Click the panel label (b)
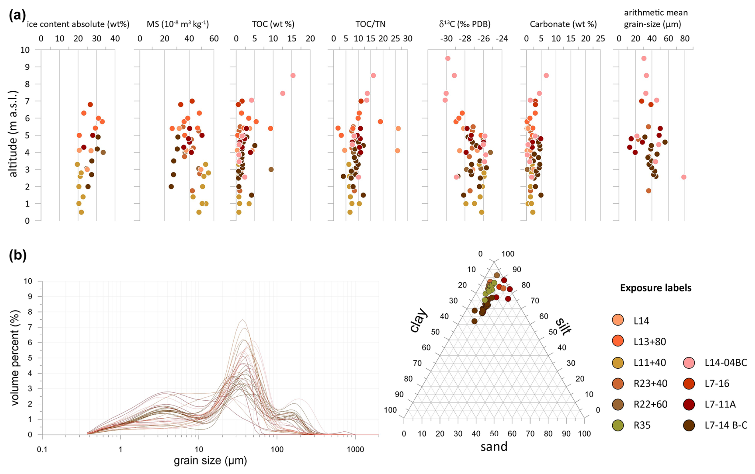[18, 255]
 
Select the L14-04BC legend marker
[689, 363]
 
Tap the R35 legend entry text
[642, 425]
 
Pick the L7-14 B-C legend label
[726, 425]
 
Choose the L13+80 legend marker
[618, 341]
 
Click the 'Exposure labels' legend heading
[656, 288]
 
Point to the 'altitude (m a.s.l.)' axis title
[13, 134]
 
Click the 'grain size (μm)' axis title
[210, 461]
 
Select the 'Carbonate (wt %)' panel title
[563, 24]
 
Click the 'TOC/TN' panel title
[370, 24]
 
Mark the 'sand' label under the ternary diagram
[494, 447]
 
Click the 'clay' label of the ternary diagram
[419, 320]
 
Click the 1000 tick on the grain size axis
[355, 449]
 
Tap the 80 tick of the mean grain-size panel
[685, 39]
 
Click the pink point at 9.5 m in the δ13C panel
[448, 59]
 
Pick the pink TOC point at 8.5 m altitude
[293, 76]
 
